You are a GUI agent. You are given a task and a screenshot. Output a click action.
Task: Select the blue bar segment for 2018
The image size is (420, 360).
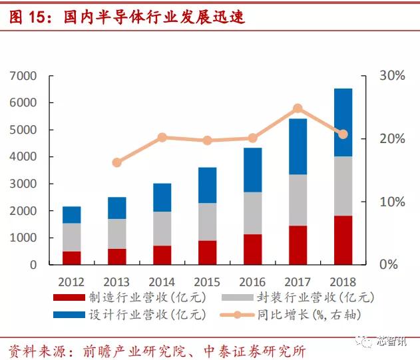343,122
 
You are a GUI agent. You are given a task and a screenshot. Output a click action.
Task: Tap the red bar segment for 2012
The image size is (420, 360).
72,258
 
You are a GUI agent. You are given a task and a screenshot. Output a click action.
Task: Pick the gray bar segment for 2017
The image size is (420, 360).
298,200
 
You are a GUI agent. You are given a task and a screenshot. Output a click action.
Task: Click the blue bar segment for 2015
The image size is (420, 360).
207,185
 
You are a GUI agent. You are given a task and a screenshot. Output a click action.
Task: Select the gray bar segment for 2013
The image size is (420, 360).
117,234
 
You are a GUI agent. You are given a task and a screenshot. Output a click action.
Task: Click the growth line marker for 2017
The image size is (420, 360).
298,108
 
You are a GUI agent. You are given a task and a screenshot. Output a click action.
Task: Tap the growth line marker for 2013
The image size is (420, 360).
117,162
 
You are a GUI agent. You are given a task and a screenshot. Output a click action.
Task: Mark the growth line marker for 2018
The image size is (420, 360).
343,134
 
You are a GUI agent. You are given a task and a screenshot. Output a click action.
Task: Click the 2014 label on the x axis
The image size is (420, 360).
162,281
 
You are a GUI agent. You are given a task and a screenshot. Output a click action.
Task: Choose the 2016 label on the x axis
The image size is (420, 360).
252,281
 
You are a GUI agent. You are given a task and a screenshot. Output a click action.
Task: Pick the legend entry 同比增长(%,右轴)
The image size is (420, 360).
313,313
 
